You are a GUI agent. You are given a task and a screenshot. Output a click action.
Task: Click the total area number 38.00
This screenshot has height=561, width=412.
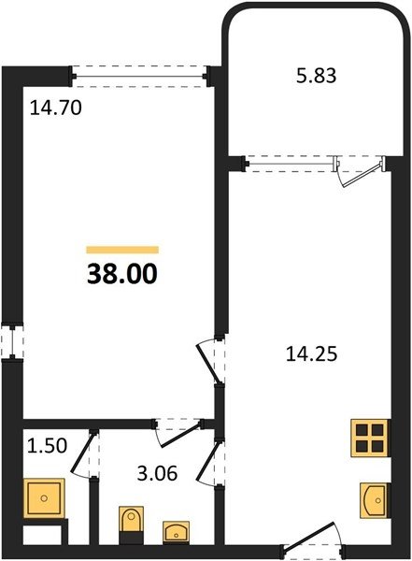point(122,274)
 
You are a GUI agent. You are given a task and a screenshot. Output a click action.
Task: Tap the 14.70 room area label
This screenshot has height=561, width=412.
point(56,108)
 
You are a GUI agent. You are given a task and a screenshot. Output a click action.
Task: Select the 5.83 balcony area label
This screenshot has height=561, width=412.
point(317,76)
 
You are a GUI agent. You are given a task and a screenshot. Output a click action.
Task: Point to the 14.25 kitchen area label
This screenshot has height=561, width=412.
point(311,354)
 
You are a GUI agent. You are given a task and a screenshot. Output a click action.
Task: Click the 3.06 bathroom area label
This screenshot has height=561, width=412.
point(157,474)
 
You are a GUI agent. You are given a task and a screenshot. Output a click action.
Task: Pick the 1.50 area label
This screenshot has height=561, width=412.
point(48,446)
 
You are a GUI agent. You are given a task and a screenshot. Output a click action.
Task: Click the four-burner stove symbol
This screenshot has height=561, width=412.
point(370,438)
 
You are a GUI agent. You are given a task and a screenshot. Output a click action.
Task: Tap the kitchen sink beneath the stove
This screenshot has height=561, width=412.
point(374,500)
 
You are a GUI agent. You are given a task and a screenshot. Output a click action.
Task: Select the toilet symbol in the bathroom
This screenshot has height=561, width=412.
point(131,521)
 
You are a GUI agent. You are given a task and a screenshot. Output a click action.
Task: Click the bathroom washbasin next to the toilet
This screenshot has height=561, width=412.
point(176,532)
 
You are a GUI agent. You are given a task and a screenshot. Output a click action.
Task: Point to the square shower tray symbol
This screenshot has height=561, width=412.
point(44,498)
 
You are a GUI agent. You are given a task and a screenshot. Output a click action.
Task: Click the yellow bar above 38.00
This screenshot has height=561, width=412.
point(122,250)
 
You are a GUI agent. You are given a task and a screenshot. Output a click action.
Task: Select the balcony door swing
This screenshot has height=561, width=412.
point(360,172)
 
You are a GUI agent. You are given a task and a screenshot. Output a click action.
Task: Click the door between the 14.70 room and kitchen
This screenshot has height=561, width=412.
point(211,361)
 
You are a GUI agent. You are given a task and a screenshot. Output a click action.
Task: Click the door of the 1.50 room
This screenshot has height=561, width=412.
point(84,453)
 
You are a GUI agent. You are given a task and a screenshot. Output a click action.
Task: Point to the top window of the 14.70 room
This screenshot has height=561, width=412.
point(140,77)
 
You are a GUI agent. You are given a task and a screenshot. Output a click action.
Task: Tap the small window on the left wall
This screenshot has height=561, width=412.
point(12,341)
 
